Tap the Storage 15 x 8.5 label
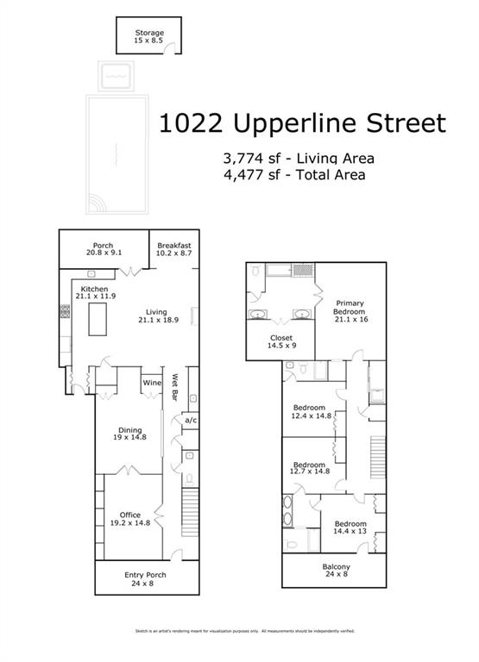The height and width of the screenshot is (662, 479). tap(148, 37)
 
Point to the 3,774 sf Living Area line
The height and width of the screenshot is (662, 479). tap(299, 159)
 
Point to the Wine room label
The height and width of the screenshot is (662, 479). tap(152, 383)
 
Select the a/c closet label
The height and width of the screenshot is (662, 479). tap(191, 420)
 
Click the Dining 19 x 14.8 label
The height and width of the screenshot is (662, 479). tap(130, 434)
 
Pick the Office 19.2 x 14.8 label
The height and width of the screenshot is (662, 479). tap(130, 519)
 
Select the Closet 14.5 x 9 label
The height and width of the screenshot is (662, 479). tap(281, 341)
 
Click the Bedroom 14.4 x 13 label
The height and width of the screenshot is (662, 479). tap(350, 528)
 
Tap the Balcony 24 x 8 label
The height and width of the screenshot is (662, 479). tap(333, 571)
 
